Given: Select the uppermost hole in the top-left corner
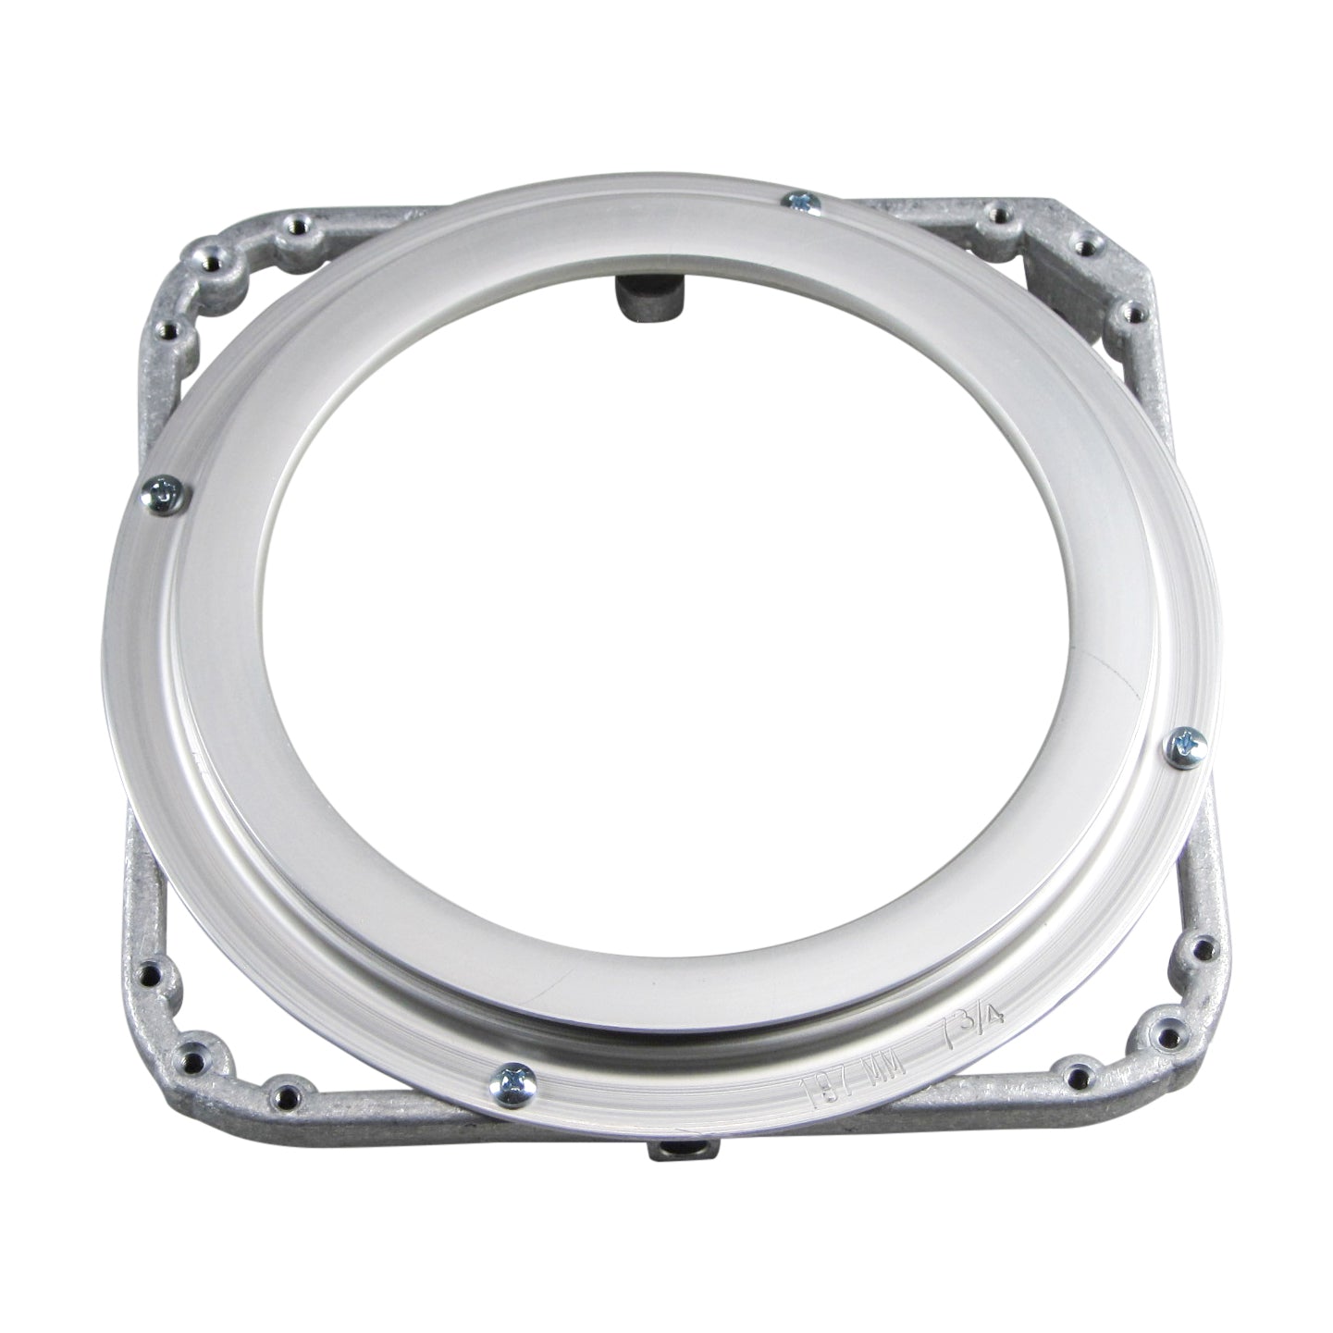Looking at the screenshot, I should [x=296, y=222].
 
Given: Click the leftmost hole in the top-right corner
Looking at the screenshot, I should [x=997, y=214].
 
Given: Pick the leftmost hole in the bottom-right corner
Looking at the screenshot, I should [x=1078, y=1076].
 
